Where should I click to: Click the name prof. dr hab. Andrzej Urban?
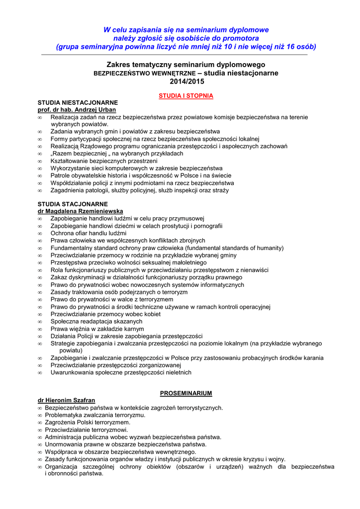[x=77, y=109]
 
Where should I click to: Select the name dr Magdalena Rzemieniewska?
[x=81, y=211]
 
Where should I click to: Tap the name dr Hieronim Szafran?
[x=67, y=400]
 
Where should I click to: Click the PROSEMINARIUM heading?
[x=186, y=393]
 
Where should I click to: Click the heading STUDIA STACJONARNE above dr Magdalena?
[x=73, y=204]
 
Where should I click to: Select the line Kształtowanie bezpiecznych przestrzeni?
[x=104, y=161]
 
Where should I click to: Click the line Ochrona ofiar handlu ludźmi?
[x=89, y=233]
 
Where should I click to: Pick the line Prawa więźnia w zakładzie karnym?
[x=97, y=329]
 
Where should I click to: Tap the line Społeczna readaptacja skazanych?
[x=96, y=322]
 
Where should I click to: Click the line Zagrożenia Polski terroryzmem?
[x=88, y=423]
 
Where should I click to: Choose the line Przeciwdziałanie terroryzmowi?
[x=87, y=430]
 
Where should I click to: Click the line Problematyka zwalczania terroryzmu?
[x=95, y=415]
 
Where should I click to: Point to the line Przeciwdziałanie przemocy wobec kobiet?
[x=105, y=314]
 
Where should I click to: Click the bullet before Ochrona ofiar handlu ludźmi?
[x=40, y=233]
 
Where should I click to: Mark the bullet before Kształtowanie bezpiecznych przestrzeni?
[x=40, y=161]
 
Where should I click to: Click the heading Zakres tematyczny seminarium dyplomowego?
[x=186, y=65]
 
